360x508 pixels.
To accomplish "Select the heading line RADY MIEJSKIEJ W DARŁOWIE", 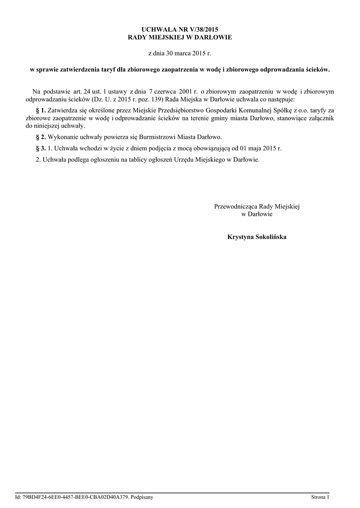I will click(x=180, y=37).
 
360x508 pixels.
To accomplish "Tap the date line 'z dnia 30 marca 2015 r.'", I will click(x=180, y=52).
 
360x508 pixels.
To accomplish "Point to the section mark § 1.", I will click(x=41, y=110).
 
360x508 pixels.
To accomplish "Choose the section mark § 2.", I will click(x=41, y=136).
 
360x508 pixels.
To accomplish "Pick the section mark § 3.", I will click(x=41, y=148).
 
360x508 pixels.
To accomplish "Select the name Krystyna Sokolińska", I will click(x=257, y=237).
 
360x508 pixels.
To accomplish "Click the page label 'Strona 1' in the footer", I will click(x=320, y=497).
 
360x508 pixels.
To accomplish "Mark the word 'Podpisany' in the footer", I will click(x=143, y=497).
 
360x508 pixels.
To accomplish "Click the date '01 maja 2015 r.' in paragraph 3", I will click(x=260, y=148).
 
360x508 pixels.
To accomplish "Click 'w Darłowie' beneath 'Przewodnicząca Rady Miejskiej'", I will click(x=257, y=214).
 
